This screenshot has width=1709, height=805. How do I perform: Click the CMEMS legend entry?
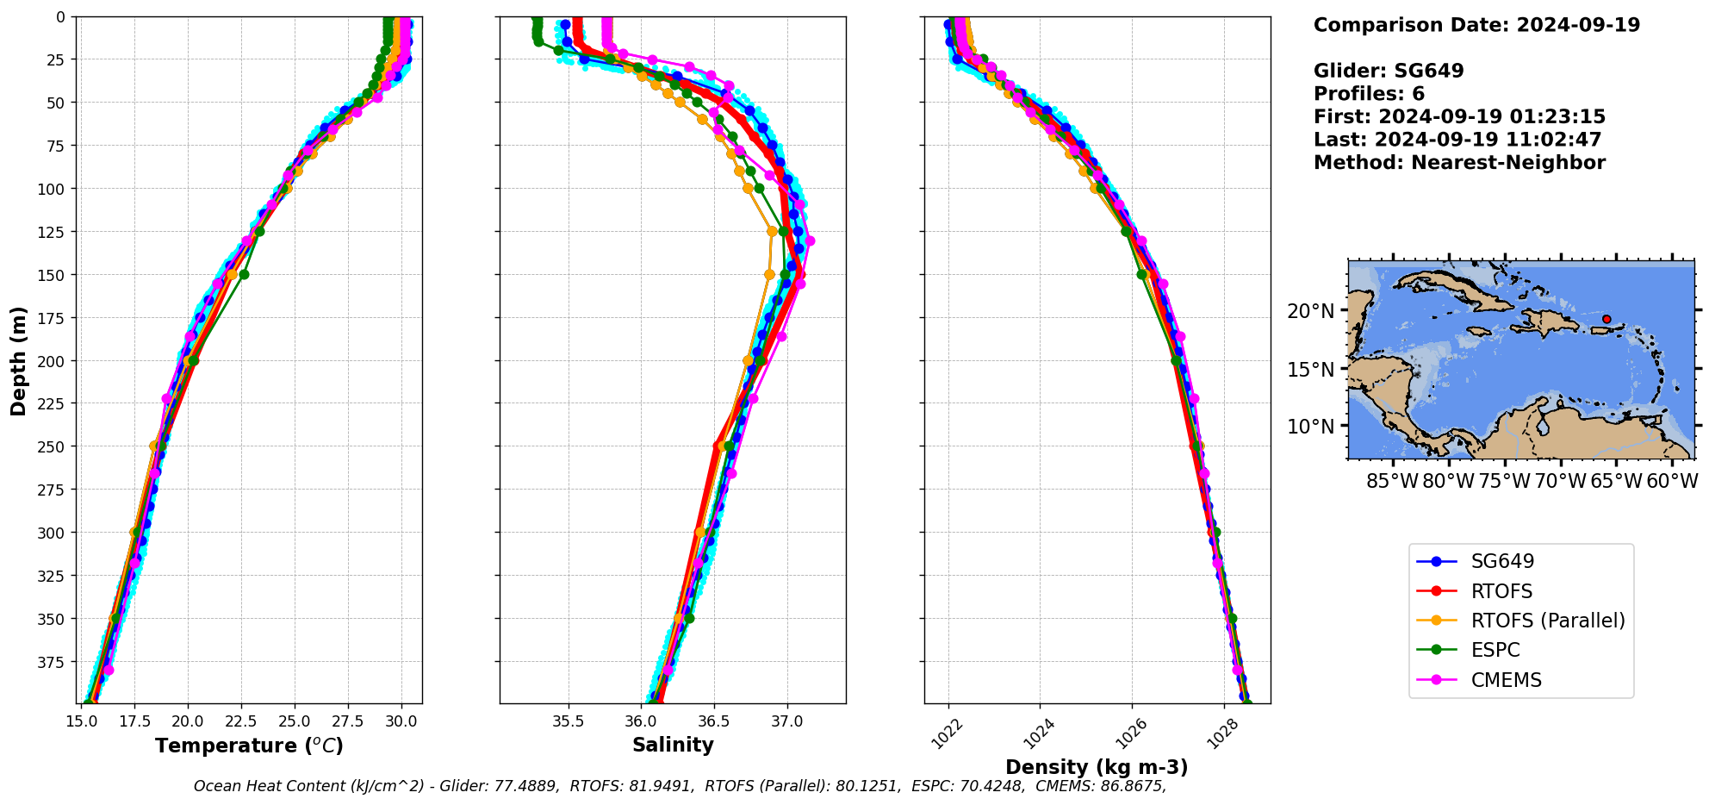[1506, 680]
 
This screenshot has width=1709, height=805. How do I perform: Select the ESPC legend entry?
[1495, 650]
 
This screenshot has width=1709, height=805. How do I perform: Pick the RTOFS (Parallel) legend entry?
[1547, 621]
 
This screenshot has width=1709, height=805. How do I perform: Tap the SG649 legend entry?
[1502, 561]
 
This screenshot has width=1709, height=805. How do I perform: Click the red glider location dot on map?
[1606, 319]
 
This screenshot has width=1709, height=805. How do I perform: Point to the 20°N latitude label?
[1310, 311]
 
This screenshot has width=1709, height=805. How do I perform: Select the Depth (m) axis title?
[18, 360]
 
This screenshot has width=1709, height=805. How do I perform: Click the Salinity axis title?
[673, 745]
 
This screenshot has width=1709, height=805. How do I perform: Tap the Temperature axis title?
[249, 746]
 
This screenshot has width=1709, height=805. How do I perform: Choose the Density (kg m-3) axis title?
[1097, 767]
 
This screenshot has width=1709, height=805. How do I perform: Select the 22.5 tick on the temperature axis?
[241, 721]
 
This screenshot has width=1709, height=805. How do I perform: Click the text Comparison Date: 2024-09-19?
[1476, 25]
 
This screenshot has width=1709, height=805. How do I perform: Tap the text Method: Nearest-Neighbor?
[1459, 163]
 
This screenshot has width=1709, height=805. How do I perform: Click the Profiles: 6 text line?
[1369, 94]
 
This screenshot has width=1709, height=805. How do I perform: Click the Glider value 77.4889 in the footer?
[525, 786]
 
